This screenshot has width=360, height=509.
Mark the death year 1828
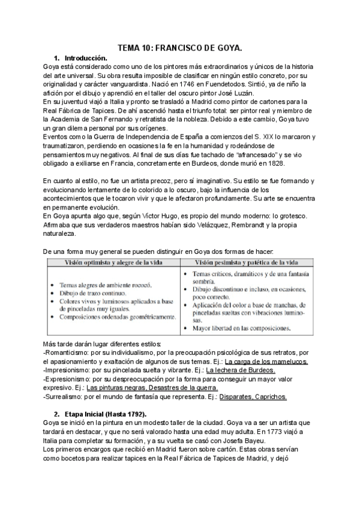click(x=278, y=164)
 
